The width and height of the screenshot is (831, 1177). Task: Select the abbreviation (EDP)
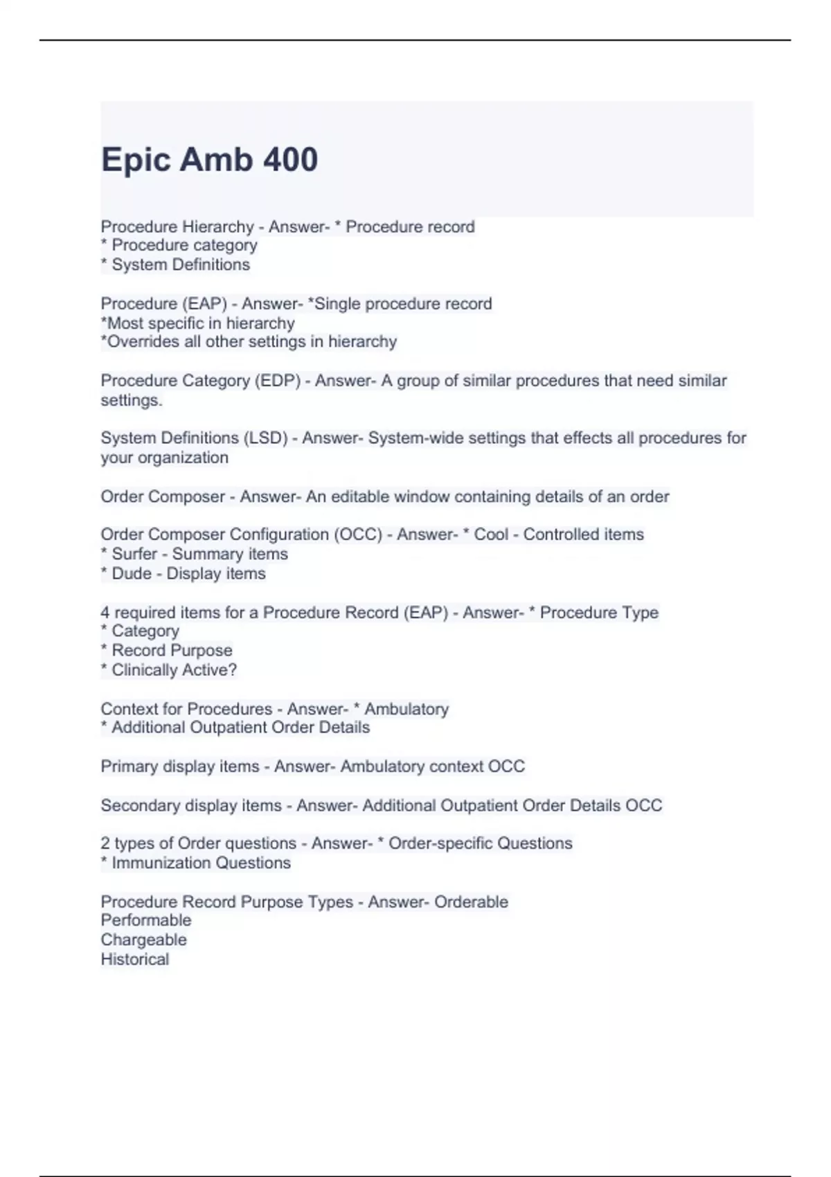point(278,381)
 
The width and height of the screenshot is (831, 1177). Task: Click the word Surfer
point(134,554)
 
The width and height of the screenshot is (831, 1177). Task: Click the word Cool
point(491,534)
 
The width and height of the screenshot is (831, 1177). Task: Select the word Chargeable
point(143,940)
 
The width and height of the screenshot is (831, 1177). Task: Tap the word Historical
point(135,959)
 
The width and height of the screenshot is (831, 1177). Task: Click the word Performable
point(146,920)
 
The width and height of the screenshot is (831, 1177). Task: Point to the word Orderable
point(471,901)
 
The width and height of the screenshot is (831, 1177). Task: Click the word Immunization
point(153,863)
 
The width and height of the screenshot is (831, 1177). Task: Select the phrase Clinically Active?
point(175,670)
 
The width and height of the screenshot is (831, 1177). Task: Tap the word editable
point(355,496)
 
